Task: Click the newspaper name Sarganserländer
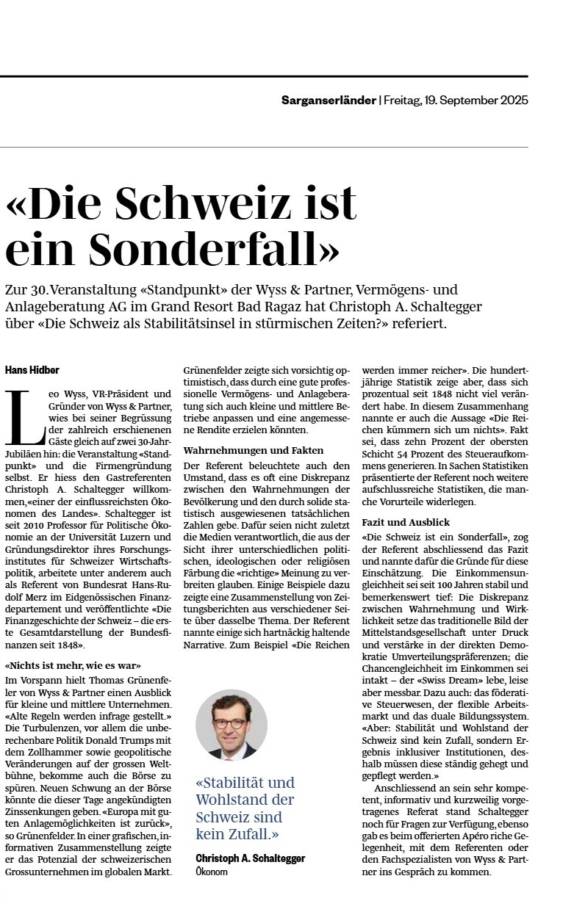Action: [328, 100]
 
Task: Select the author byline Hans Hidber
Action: [32, 369]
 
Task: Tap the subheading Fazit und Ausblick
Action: [405, 522]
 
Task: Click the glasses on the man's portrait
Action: [231, 723]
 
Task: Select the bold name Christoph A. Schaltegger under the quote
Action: [250, 858]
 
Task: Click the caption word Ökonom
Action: [212, 872]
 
